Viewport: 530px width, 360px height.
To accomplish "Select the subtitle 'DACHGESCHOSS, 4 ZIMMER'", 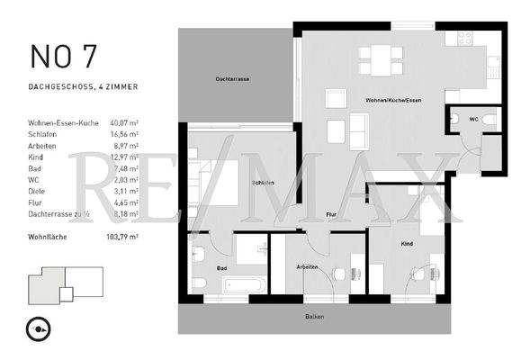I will click(83, 87).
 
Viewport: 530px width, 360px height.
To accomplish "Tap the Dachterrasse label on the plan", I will click(232, 79).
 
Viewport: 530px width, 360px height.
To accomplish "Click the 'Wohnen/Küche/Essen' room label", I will click(391, 99).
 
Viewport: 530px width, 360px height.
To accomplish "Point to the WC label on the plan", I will click(473, 118).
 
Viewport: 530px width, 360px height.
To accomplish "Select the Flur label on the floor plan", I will click(331, 214).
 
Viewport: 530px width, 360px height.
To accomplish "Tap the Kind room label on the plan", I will click(407, 243).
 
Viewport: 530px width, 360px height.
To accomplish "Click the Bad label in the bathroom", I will click(220, 267).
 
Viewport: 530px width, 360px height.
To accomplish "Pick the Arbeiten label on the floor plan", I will click(308, 267).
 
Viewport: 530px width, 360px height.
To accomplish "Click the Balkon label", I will click(314, 317).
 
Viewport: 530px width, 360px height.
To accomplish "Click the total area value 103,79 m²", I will click(121, 236).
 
